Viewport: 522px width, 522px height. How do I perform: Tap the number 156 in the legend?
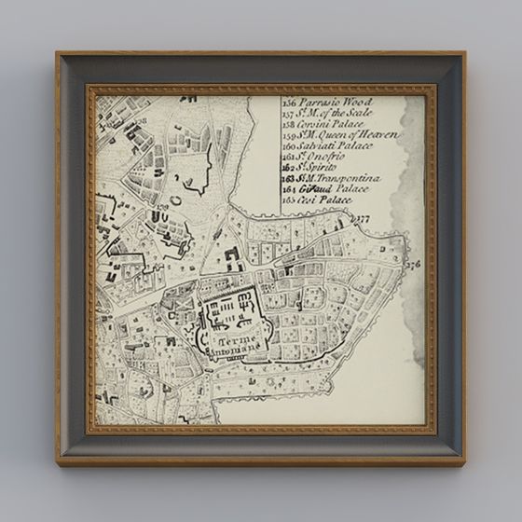pyautogui.click(x=288, y=101)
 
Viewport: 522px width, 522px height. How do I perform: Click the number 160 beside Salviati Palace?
pyautogui.click(x=288, y=145)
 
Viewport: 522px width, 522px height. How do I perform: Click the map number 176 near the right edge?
pyautogui.click(x=413, y=264)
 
